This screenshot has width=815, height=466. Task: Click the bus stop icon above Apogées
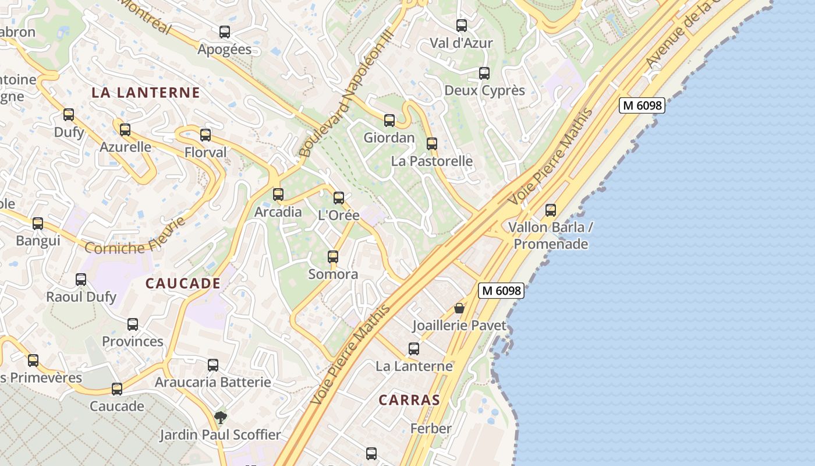[x=225, y=32]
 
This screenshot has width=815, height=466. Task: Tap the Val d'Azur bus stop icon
[x=462, y=26]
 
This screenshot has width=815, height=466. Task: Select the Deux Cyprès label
[x=484, y=90]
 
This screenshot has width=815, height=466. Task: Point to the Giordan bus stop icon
[x=389, y=121]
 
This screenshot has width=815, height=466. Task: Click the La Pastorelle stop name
[x=432, y=161]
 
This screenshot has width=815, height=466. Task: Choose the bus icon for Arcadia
[x=278, y=195]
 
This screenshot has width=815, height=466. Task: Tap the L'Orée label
[x=339, y=215]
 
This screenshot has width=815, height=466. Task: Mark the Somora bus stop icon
[x=333, y=257]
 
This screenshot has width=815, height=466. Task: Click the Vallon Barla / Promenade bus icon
[x=551, y=210]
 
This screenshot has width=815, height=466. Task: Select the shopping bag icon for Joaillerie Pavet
[x=459, y=308]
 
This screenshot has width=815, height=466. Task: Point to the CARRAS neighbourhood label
[x=409, y=400]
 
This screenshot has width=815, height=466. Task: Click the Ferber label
[x=431, y=429]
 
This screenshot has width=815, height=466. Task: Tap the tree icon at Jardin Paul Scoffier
[x=220, y=417]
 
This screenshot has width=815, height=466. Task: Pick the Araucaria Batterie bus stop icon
[x=213, y=365]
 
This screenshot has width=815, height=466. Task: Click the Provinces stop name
[x=133, y=341]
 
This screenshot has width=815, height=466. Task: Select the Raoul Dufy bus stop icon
[x=81, y=280]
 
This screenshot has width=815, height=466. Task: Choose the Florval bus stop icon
[x=205, y=135]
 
